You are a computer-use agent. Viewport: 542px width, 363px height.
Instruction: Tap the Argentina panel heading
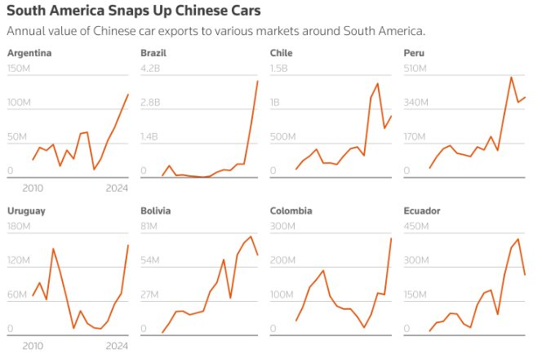29,53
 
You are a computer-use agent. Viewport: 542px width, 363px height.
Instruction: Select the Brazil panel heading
155,53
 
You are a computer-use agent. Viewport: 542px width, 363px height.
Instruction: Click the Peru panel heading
414,53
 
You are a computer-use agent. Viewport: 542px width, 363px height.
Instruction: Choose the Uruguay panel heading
26,210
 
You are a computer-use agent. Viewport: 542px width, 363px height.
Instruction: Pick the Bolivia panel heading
156,210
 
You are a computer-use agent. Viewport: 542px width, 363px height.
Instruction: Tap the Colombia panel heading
291,210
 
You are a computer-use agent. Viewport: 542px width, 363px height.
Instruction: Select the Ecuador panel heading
422,210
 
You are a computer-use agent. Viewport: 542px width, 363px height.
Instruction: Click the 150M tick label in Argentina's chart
19,69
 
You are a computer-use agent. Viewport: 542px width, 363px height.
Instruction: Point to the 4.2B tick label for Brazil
151,69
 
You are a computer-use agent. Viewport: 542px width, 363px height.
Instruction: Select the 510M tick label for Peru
415,69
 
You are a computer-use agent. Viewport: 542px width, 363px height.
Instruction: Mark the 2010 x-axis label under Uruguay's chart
33,346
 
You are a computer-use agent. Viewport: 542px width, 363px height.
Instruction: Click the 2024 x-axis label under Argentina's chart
118,188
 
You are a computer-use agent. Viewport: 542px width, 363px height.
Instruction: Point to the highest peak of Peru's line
511,77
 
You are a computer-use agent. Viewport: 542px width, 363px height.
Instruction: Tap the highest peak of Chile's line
377,83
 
